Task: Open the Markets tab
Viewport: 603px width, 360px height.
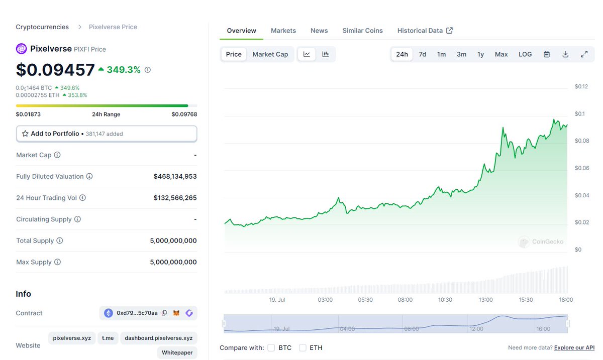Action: click(x=283, y=31)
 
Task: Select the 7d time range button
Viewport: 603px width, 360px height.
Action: click(x=423, y=54)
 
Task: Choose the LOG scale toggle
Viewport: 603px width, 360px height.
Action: click(x=525, y=54)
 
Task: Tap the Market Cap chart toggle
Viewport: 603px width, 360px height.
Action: click(x=270, y=54)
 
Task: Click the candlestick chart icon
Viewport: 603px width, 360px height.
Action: click(x=326, y=54)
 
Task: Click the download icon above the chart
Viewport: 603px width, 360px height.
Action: click(x=565, y=54)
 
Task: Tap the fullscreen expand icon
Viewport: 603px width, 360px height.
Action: click(x=584, y=54)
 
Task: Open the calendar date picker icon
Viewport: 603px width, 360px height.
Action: click(x=547, y=54)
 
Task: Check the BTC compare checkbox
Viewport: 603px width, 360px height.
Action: click(x=271, y=347)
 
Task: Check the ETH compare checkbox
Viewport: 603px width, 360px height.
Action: click(x=303, y=347)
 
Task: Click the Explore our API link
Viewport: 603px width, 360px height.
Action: click(x=574, y=347)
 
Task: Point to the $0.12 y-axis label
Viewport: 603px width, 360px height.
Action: click(x=581, y=86)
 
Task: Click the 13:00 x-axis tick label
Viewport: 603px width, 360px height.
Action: click(x=485, y=300)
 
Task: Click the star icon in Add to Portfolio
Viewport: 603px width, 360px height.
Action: click(x=25, y=134)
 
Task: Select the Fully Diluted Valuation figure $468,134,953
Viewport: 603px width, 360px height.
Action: click(x=175, y=176)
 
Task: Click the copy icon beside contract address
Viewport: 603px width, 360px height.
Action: click(x=164, y=313)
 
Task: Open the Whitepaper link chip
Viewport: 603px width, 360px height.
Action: click(x=177, y=352)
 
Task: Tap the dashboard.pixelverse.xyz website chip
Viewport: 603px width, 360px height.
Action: click(x=159, y=338)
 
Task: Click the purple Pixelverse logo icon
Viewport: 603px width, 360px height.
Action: click(x=21, y=49)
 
